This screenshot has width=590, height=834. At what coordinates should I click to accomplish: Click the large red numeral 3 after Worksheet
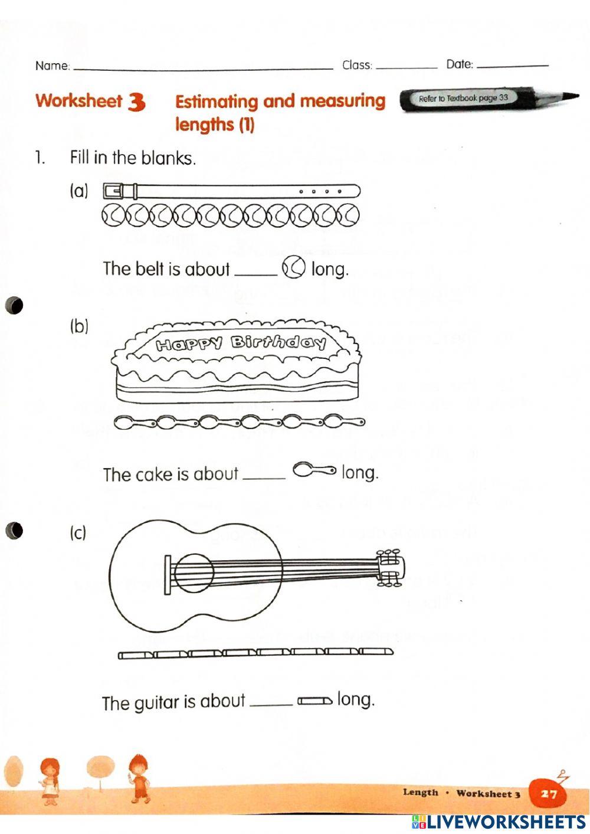pyautogui.click(x=136, y=102)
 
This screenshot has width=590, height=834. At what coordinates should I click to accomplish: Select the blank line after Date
pyautogui.click(x=512, y=66)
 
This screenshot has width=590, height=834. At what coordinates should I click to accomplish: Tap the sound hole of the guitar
pyautogui.click(x=194, y=573)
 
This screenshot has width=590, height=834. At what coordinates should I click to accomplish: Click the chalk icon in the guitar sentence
pyautogui.click(x=314, y=701)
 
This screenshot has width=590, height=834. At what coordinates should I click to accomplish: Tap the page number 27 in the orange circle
pyautogui.click(x=549, y=794)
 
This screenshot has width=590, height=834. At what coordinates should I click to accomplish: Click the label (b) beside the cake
pyautogui.click(x=79, y=326)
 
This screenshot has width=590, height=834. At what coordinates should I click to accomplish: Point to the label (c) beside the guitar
pyautogui.click(x=78, y=533)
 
